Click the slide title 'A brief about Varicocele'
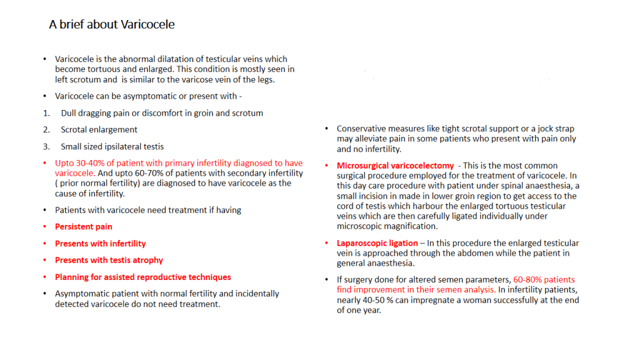pos(112,25)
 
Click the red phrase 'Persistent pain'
pos(84,227)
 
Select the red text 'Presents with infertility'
pos(100,244)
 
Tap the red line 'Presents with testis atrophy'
pos(109,260)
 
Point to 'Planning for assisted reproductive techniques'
pos(142,277)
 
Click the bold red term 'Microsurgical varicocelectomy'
pos(395,166)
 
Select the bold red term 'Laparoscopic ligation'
pos(377,243)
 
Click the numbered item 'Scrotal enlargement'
pos(99,130)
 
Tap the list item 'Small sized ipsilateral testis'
pos(112,147)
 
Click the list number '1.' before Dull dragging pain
pos(46,113)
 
